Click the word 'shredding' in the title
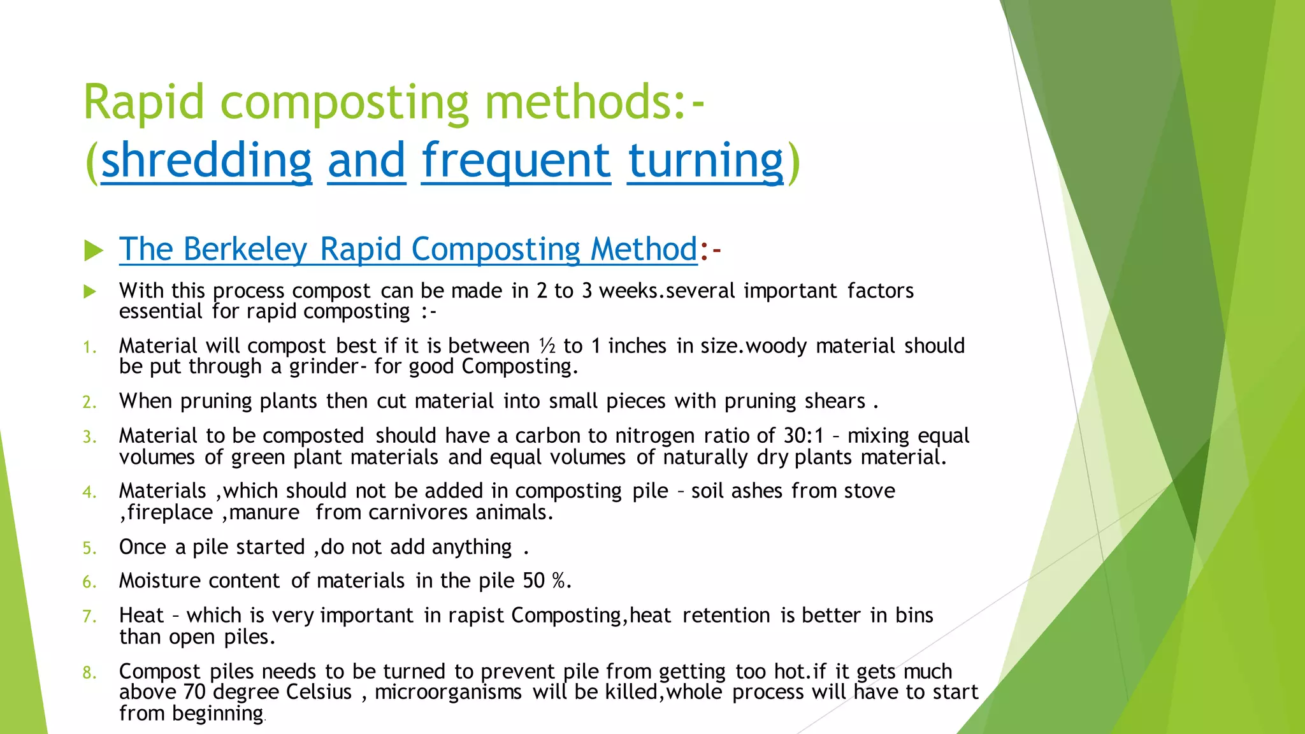(x=206, y=161)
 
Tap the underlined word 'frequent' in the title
(x=516, y=161)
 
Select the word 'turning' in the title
(x=705, y=161)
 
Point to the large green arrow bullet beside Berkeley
(x=94, y=250)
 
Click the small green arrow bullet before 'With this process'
(x=90, y=292)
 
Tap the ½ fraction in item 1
(x=547, y=346)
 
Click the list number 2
(x=89, y=402)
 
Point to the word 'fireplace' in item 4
(x=169, y=512)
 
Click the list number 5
(x=89, y=548)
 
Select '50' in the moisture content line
(x=534, y=581)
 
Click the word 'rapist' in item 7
(x=476, y=615)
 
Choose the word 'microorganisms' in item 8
(x=448, y=692)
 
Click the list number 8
(x=89, y=673)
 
